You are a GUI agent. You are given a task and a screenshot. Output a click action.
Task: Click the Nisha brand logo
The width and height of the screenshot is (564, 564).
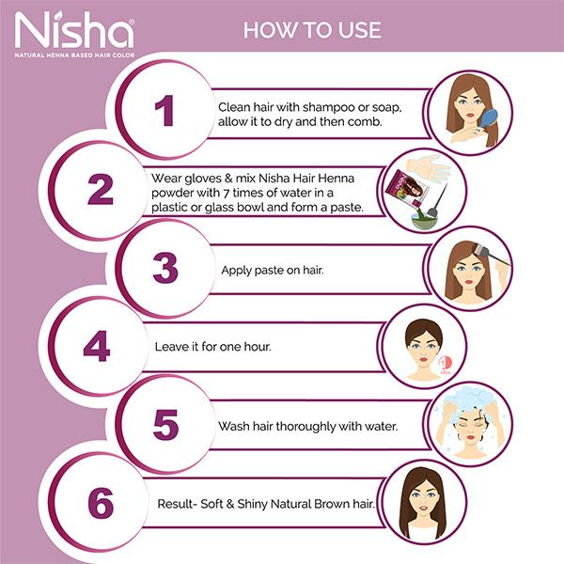[x=74, y=34]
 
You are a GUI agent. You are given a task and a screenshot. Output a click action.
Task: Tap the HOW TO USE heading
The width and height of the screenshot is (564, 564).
[x=312, y=30]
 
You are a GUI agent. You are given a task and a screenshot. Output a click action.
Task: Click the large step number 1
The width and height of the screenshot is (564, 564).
[x=164, y=110]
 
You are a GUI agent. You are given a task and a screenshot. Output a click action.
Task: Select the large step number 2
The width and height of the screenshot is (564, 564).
[x=101, y=189]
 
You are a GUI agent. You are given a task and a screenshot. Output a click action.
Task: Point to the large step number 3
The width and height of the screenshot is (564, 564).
[x=165, y=268]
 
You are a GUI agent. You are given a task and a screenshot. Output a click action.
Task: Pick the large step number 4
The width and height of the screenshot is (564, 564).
[x=97, y=346]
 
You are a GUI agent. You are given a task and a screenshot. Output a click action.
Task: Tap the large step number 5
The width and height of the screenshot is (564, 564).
[x=165, y=425]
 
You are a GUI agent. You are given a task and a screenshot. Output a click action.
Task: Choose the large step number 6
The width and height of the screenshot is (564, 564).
[x=101, y=503]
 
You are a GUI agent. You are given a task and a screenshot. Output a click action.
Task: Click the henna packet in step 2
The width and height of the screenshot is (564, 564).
[x=407, y=188]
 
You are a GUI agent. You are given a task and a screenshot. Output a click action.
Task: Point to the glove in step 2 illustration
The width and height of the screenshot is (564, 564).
[x=428, y=168]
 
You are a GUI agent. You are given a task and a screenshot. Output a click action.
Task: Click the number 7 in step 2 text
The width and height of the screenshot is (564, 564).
[x=227, y=193]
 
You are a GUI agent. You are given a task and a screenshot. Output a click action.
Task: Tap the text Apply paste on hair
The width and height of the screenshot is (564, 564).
[x=273, y=270]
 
